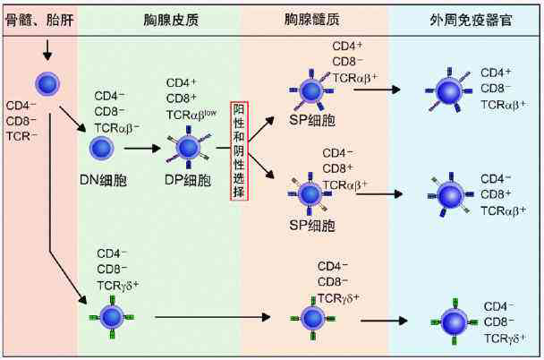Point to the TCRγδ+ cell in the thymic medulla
[310, 316]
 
